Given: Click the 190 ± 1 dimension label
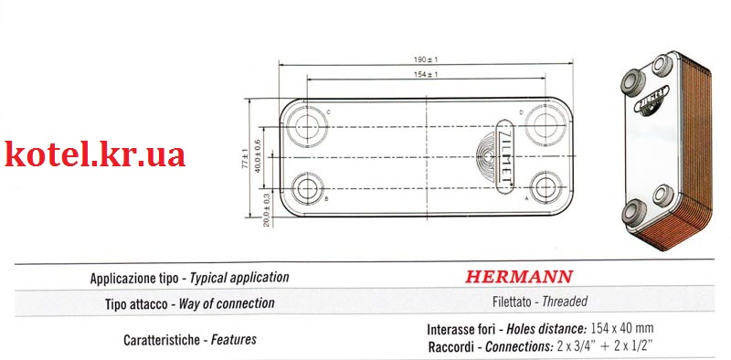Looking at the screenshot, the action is point(426,59).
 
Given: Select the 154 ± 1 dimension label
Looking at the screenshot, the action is point(426,74).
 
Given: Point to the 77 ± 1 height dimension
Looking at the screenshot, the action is point(245,159).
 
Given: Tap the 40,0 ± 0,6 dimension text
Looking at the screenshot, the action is point(258,156).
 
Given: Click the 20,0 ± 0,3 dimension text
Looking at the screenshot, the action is point(266,210).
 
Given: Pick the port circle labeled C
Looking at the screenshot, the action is point(307,126).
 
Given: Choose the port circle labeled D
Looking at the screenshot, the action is point(545,124).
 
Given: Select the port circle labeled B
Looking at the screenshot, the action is point(307,188).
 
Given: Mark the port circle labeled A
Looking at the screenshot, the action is point(546,187).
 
